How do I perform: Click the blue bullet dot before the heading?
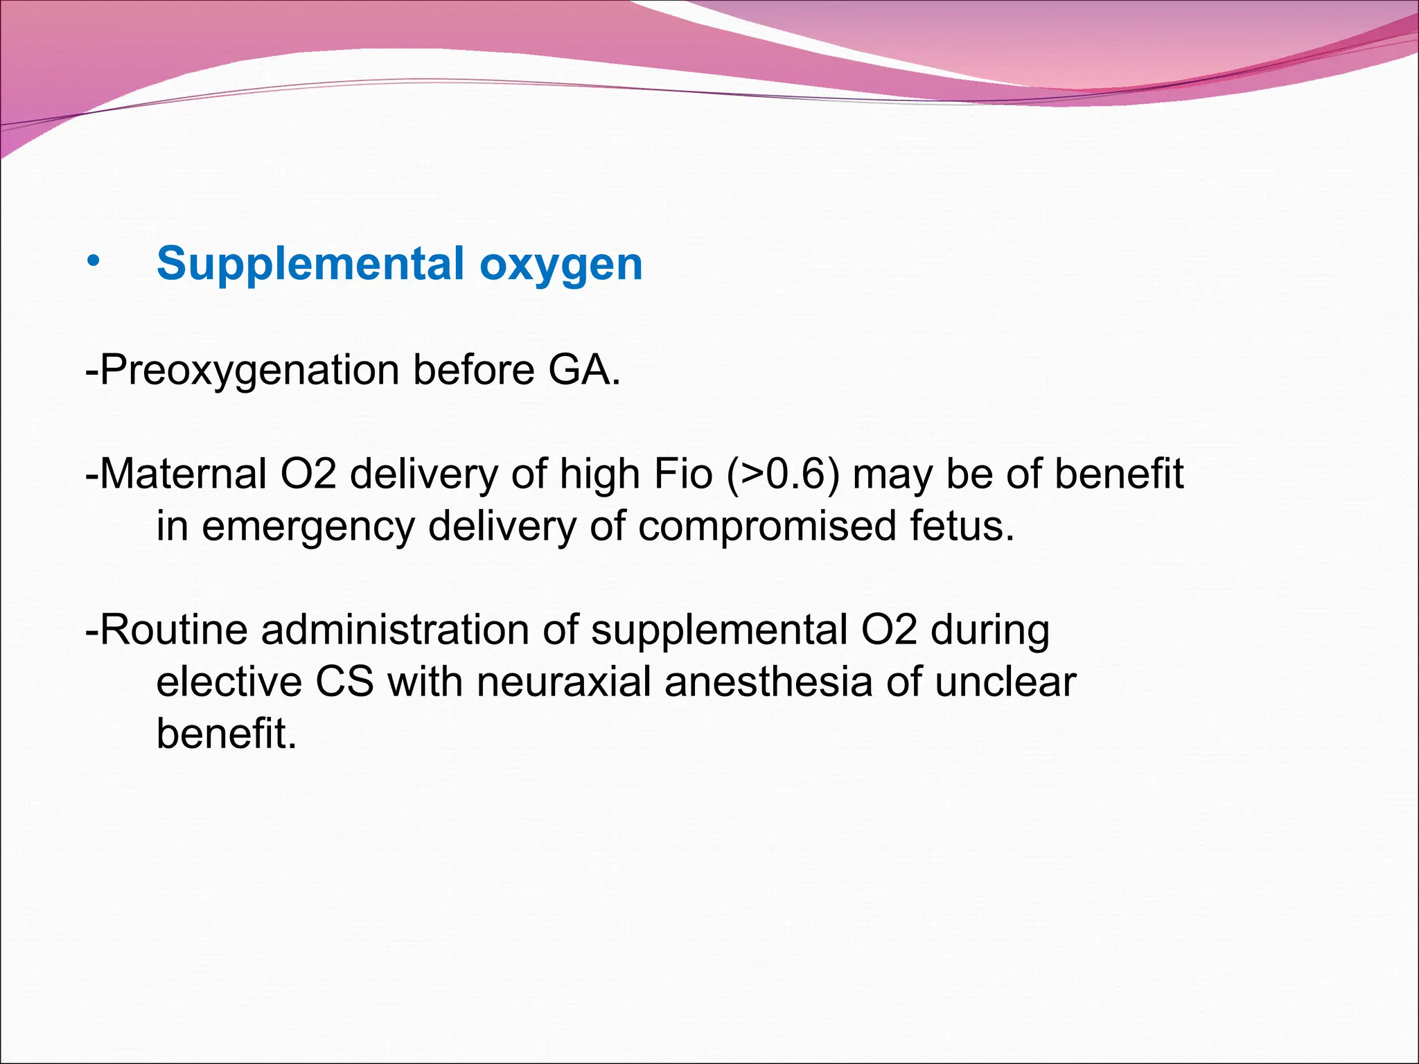point(94,263)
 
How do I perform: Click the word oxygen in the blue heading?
point(561,265)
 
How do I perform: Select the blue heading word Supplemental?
point(310,265)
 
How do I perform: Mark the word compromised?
point(767,526)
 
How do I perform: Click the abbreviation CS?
point(344,682)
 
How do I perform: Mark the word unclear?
point(1005,682)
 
